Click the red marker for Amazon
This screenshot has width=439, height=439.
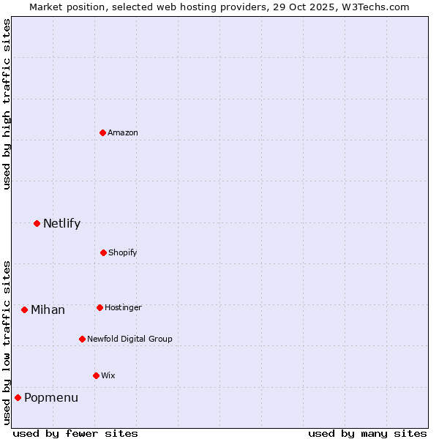[x=102, y=132]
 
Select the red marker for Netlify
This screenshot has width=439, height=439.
[x=37, y=223]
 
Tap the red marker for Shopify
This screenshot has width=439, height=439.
[x=103, y=252]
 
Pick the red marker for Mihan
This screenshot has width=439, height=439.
[x=24, y=309]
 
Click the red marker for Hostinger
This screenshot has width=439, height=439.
[x=100, y=307]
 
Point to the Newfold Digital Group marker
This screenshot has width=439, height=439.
[x=82, y=339]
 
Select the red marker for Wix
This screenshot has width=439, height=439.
[x=96, y=375]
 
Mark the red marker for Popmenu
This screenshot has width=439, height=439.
[x=18, y=397]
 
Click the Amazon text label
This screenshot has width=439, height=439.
[x=123, y=132]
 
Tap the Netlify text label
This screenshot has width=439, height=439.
[x=61, y=223]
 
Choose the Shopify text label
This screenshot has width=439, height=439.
[x=123, y=252]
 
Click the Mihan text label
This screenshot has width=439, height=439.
[x=48, y=309]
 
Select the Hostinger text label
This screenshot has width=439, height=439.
[x=123, y=307]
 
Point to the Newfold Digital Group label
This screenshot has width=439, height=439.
[x=130, y=339]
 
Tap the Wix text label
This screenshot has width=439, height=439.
[x=108, y=375]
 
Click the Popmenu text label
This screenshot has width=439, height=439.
[x=51, y=397]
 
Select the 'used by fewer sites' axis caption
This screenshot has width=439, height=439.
[x=75, y=433]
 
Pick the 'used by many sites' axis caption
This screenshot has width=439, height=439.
[x=367, y=433]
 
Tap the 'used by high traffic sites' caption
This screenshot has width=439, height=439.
[x=7, y=104]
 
